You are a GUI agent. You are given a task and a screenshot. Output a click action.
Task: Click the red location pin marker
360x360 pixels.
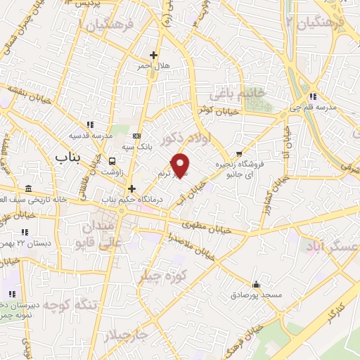181,165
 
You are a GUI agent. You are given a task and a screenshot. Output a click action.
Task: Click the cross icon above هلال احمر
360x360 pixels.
153,55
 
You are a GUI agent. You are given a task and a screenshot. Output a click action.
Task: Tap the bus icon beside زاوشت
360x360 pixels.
113,161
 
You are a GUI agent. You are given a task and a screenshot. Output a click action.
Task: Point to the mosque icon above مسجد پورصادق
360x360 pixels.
256,285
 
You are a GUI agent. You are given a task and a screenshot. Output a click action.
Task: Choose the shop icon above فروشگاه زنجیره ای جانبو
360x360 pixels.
240,154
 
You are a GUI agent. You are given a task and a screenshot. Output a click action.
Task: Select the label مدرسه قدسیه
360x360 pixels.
90,136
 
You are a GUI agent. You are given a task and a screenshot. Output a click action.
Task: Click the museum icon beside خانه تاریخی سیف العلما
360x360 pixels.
28,188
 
